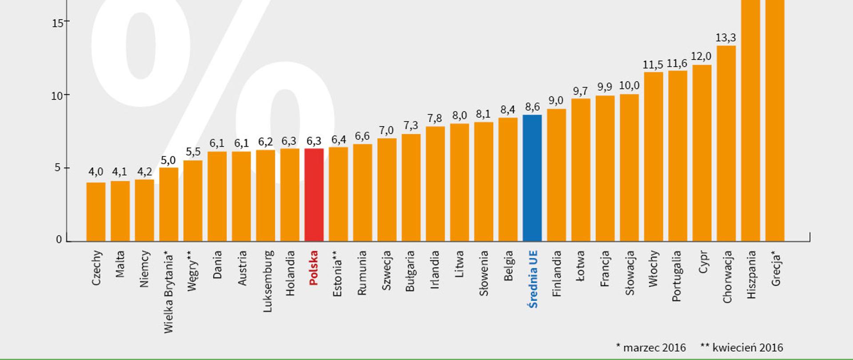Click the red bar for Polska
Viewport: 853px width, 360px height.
(314, 196)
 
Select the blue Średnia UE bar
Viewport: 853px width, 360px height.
(532, 178)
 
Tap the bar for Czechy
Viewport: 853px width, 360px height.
(96, 212)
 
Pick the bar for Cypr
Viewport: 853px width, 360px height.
(702, 153)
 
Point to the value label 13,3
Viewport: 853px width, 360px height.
(725, 38)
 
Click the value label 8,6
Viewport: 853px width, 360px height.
(532, 107)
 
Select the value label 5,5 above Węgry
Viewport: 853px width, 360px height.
(193, 152)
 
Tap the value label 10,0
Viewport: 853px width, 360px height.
(629, 86)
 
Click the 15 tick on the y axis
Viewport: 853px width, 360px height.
(57, 23)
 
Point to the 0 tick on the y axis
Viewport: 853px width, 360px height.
(59, 240)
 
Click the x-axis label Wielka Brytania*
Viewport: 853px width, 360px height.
(169, 292)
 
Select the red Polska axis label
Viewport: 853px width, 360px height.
(314, 268)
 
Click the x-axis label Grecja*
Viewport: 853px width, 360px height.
(776, 268)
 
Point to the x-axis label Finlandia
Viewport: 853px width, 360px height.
(557, 273)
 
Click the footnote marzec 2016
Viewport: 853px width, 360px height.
(651, 348)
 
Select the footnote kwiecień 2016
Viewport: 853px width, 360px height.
(742, 348)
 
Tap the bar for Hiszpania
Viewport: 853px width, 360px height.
(750, 120)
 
